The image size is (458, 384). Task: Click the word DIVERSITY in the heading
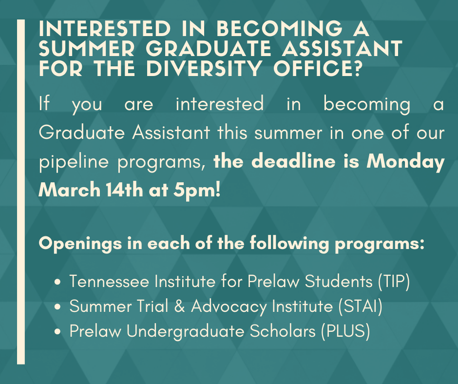[204, 68]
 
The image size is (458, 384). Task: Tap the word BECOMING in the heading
[279, 29]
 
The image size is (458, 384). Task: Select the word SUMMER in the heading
[87, 49]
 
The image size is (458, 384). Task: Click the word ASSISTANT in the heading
[343, 49]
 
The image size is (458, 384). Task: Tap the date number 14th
[124, 190]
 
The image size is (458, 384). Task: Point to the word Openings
[80, 244]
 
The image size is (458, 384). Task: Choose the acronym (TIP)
[394, 282]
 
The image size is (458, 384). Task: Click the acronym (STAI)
[361, 307]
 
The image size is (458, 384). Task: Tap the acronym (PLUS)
[345, 331]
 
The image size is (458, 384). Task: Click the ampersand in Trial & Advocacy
[180, 307]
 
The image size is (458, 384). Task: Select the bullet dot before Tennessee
[58, 282]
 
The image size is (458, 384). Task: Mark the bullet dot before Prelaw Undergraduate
[58, 332]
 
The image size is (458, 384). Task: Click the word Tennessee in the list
[109, 282]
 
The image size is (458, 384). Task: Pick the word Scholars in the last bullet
[283, 331]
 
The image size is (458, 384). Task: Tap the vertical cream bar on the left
[21, 192]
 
